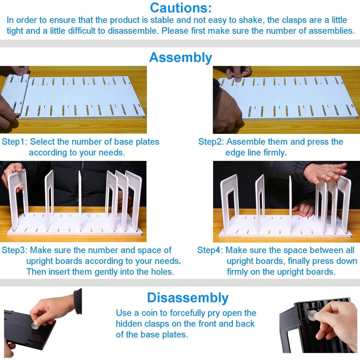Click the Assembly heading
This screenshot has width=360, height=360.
[x=180, y=58]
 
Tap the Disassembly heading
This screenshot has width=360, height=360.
[x=188, y=298]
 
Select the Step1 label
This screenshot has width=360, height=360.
[x=14, y=142]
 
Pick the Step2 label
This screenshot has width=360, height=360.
[x=211, y=142]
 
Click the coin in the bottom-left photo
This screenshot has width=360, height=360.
[x=35, y=325]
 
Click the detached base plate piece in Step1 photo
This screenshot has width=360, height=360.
[x=13, y=94]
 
